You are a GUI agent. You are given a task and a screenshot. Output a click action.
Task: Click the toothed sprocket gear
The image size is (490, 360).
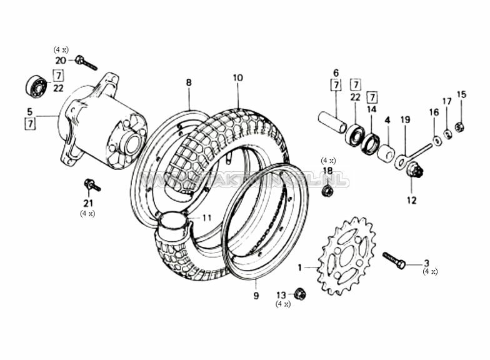[x=346, y=256]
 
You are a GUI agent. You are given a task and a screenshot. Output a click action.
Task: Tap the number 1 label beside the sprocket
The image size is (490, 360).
[x=299, y=267]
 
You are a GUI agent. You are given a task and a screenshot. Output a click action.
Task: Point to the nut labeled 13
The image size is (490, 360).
[x=300, y=293]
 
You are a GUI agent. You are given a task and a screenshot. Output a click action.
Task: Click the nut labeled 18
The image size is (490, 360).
[x=326, y=190]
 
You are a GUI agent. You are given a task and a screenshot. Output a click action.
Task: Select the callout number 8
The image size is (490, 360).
[x=189, y=82]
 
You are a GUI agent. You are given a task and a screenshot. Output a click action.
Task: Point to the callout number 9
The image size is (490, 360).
[x=256, y=296]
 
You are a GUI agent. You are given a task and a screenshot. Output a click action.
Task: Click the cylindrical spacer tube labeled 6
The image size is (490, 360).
[x=332, y=122]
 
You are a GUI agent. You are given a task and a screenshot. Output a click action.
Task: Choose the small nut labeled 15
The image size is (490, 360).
[x=459, y=127]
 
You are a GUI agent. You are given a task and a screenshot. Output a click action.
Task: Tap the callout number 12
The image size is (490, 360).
[x=411, y=201]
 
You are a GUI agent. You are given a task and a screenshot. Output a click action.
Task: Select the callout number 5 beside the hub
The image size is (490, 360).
[x=29, y=112]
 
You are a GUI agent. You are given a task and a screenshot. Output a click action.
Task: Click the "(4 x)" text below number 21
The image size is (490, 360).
[x=87, y=213]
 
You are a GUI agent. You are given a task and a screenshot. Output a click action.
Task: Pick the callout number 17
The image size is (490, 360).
[x=446, y=101]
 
